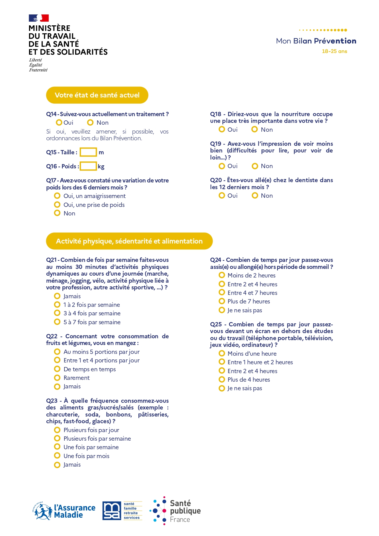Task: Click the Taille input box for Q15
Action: pyautogui.click(x=88, y=152)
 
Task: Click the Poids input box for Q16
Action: pyautogui.click(x=88, y=166)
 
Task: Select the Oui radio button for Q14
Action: pyautogui.click(x=59, y=123)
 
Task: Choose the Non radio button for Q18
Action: pyautogui.click(x=254, y=129)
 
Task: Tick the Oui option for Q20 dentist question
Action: pyautogui.click(x=222, y=196)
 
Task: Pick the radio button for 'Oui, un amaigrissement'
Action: pyautogui.click(x=57, y=196)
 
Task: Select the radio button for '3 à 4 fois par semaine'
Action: pyautogui.click(x=57, y=313)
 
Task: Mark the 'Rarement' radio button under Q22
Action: pyautogui.click(x=57, y=377)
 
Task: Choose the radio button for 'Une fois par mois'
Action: pyautogui.click(x=57, y=456)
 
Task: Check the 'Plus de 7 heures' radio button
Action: pyautogui.click(x=222, y=301)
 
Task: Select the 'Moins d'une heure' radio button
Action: pyautogui.click(x=222, y=353)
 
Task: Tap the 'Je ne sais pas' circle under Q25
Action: pyautogui.click(x=222, y=388)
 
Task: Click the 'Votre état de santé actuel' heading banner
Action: pyautogui.click(x=97, y=95)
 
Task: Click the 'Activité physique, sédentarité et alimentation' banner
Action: pyautogui.click(x=129, y=241)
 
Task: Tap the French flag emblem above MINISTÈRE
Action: pyautogui.click(x=39, y=18)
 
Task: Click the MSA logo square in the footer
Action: pyautogui.click(x=111, y=511)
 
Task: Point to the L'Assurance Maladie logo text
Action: pyautogui.click(x=75, y=511)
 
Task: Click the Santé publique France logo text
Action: pyautogui.click(x=185, y=511)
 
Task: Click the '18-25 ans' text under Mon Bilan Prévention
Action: pyautogui.click(x=334, y=51)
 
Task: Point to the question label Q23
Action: pyautogui.click(x=52, y=401)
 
